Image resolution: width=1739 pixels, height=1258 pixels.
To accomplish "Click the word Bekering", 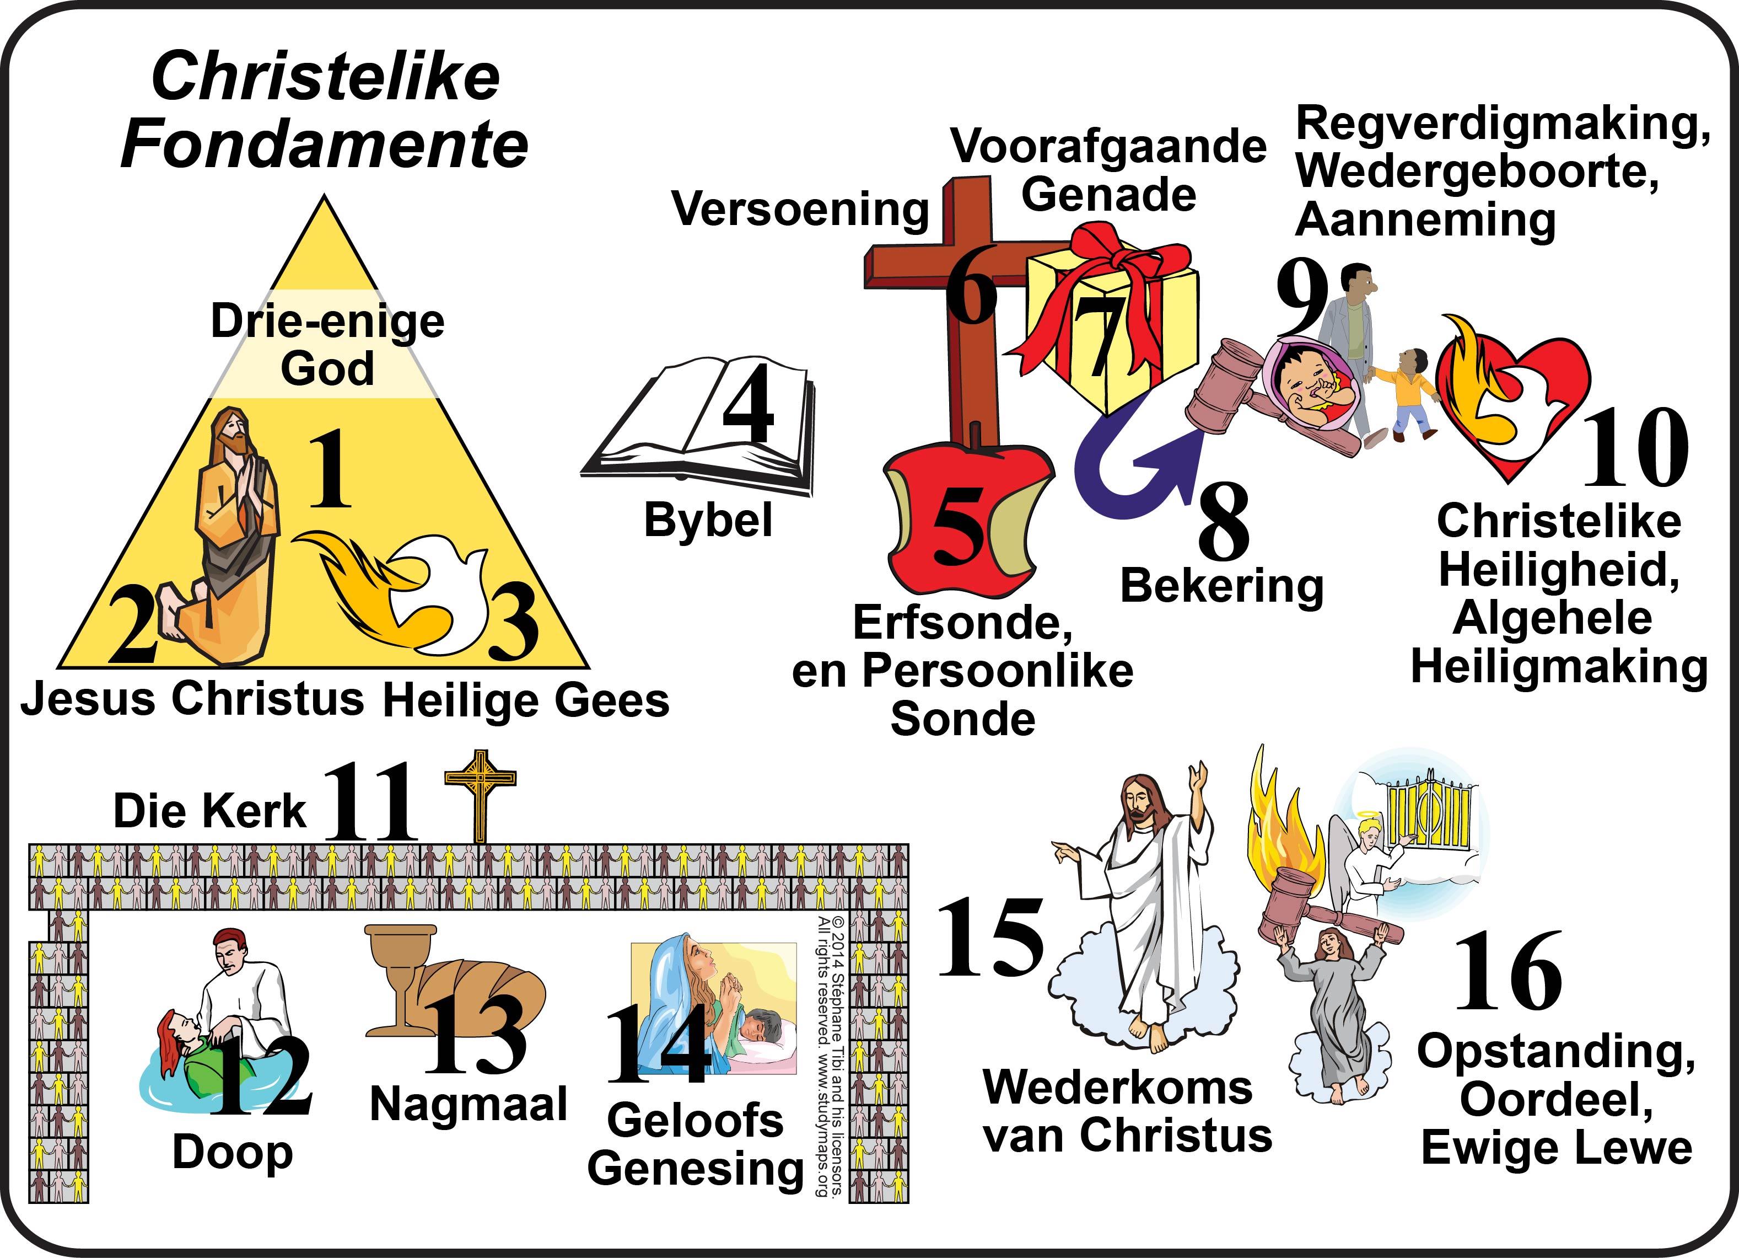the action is [x=1222, y=586].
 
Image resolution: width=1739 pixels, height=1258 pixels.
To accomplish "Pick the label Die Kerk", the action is [x=209, y=810].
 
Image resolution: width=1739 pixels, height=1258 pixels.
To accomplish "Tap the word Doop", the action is [x=233, y=1152].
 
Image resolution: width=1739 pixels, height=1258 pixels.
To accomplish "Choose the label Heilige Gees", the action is [x=526, y=700].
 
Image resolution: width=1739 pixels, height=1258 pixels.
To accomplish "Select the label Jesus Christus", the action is [x=192, y=699].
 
